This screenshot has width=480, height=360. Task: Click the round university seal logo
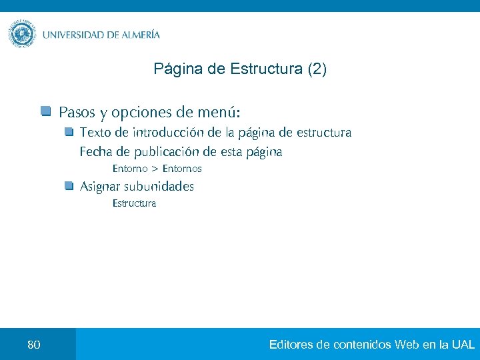click(x=22, y=34)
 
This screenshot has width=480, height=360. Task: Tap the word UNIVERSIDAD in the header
click(x=73, y=35)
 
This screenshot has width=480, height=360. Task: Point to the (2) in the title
click(x=317, y=69)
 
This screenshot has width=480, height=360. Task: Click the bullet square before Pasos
click(x=45, y=110)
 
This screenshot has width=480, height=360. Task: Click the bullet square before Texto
click(x=69, y=132)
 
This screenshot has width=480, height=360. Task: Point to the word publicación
click(x=156, y=152)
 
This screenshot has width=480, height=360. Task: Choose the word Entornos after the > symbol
click(x=181, y=169)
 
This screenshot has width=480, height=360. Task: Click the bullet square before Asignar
click(x=69, y=186)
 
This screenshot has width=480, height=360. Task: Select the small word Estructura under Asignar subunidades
click(x=134, y=203)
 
